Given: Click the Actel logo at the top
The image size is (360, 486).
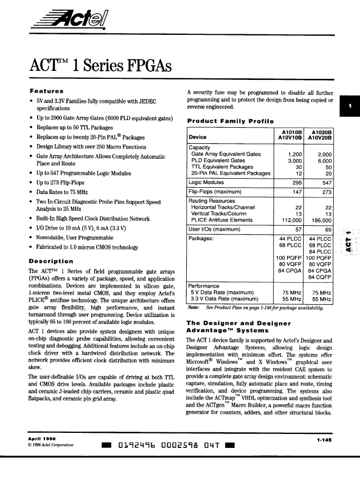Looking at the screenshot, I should [x=75, y=22].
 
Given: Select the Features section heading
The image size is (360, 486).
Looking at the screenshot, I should [x=47, y=91].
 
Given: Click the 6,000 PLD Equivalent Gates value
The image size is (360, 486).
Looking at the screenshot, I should [x=324, y=160].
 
